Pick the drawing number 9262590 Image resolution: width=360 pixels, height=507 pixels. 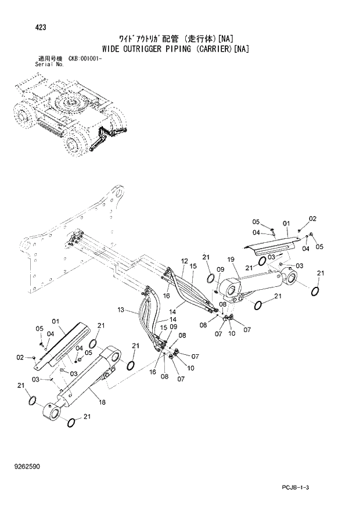[x=29, y=466]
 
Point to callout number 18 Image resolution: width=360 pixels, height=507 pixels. [x=102, y=402]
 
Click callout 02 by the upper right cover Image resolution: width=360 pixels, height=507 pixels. [x=312, y=219]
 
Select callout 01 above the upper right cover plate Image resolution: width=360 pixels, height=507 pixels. [x=286, y=222]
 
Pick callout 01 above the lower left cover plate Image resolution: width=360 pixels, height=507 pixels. [x=56, y=321]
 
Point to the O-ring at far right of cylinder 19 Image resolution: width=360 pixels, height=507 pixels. [x=315, y=291]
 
